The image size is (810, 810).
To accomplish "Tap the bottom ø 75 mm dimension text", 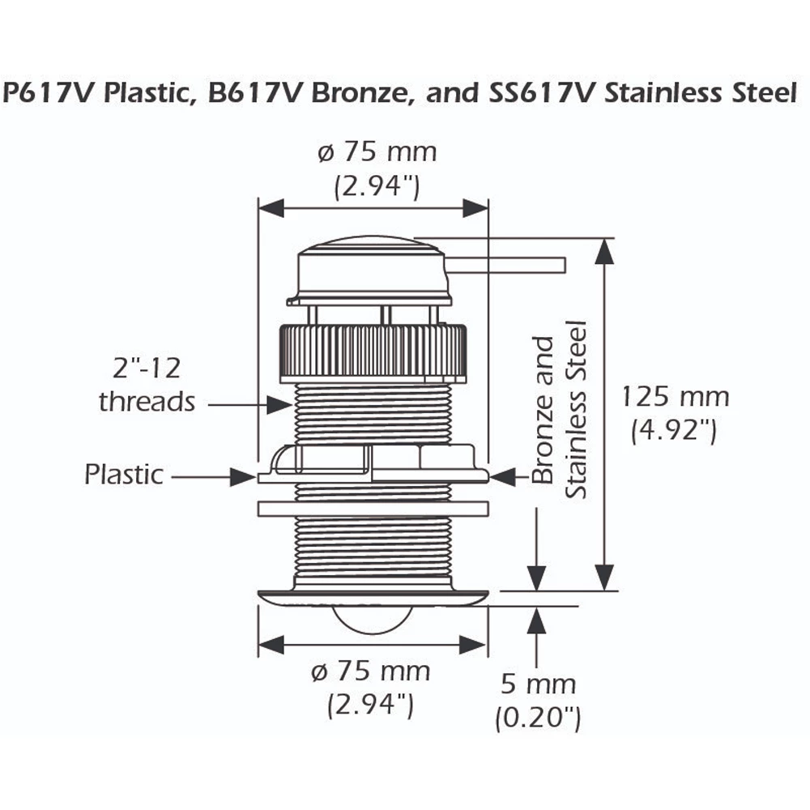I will coord(372,671).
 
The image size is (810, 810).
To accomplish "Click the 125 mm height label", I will coord(675,397).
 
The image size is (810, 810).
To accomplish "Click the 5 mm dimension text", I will coord(538,684).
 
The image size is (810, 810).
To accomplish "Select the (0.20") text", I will coord(538,717).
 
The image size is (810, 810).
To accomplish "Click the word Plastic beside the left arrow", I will coord(123,475).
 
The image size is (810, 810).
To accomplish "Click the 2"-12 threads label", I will coord(147,385).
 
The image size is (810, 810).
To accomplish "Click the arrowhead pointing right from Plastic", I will coord(244,476).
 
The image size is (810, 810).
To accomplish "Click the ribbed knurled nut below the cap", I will coord(373,351).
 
